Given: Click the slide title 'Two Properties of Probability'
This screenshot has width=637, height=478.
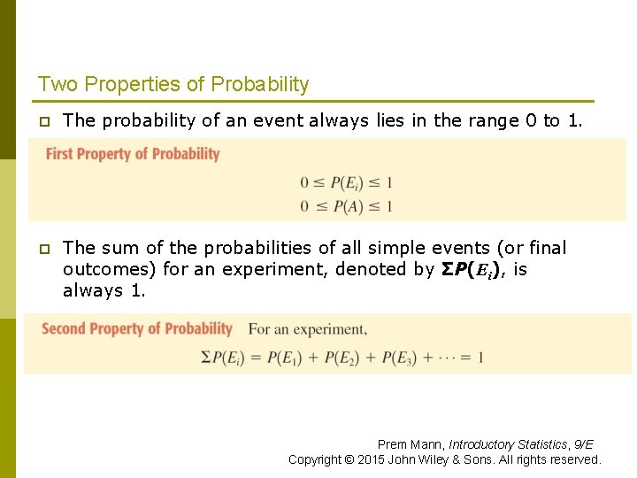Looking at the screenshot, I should coord(173,85).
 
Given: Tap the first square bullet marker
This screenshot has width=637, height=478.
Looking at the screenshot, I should coord(43,121).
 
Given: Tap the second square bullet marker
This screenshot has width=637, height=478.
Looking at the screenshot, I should coord(43,249).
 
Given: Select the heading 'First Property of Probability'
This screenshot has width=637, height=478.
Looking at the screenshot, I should coord(133,154).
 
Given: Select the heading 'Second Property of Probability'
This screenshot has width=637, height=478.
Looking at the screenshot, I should coord(137,329).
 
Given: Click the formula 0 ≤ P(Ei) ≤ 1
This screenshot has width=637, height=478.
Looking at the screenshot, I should coord(346,183).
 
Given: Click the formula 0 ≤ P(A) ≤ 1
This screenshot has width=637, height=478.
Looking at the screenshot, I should coord(346,206).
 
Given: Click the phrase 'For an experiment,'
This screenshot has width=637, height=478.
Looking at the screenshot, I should coord(307,329).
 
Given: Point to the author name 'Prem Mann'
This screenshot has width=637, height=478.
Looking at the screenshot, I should coord(410,444).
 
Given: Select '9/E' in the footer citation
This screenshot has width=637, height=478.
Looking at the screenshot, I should coord(584,444).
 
